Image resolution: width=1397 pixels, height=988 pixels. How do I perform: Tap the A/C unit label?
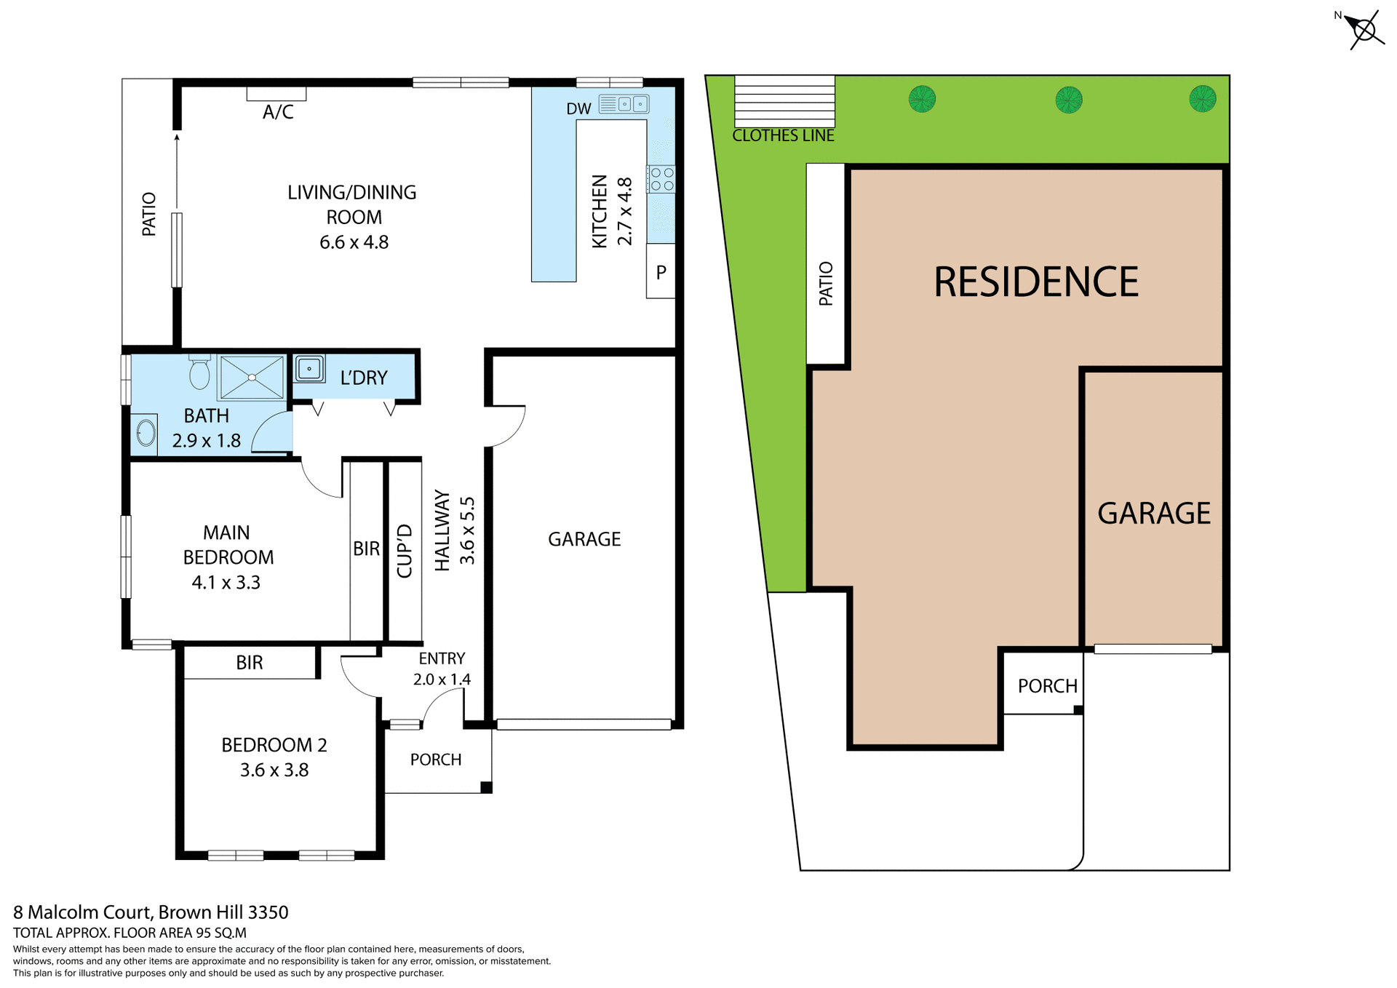click(278, 112)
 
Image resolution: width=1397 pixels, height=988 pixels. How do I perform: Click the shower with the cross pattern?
click(252, 378)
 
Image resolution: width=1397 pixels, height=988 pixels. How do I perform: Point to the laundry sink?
click(309, 369)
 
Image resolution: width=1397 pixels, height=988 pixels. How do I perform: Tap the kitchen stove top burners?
click(661, 179)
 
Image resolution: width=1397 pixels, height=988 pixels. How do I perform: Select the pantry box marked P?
click(661, 272)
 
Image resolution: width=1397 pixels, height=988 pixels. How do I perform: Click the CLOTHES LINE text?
click(783, 136)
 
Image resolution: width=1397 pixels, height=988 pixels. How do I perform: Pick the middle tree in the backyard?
click(1068, 99)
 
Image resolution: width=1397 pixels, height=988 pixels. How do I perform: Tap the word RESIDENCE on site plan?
click(1035, 282)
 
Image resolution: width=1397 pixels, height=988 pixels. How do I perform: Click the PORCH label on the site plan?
click(1047, 686)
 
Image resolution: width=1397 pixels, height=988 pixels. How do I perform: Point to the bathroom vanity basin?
click(146, 434)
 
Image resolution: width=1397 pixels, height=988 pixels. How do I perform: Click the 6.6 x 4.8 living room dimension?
click(354, 242)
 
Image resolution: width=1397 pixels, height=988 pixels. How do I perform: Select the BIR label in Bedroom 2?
click(249, 663)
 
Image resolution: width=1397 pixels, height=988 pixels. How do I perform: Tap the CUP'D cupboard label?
click(405, 551)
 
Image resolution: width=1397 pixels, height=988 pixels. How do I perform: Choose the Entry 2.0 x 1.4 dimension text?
click(442, 680)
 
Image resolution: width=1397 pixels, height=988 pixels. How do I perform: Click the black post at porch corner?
click(486, 787)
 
